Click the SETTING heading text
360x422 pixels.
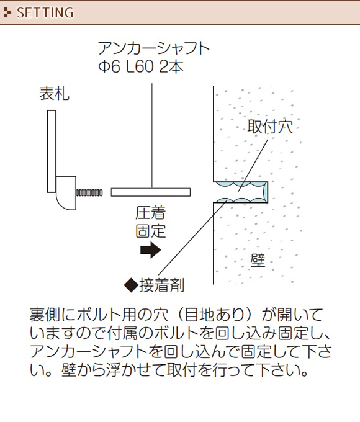(45, 13)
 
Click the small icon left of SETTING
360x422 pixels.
(7, 12)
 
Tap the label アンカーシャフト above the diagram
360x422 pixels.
(154, 48)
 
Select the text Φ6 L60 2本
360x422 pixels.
(141, 66)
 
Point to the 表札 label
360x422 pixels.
(54, 93)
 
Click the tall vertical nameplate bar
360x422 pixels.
(52, 151)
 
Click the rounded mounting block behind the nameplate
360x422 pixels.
(66, 193)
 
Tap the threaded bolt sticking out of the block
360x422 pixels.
(89, 193)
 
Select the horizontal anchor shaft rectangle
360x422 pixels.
(151, 192)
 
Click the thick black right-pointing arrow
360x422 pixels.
(150, 250)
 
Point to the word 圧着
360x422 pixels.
(150, 213)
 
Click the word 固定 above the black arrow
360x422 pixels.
(150, 231)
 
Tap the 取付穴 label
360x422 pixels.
(270, 126)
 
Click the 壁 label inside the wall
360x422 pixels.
(258, 260)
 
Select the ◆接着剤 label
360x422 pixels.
(154, 285)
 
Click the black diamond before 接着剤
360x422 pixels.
(131, 285)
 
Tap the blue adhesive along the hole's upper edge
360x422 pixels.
(240, 185)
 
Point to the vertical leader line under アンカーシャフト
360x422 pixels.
(152, 136)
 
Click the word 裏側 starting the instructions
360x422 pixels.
(45, 315)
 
